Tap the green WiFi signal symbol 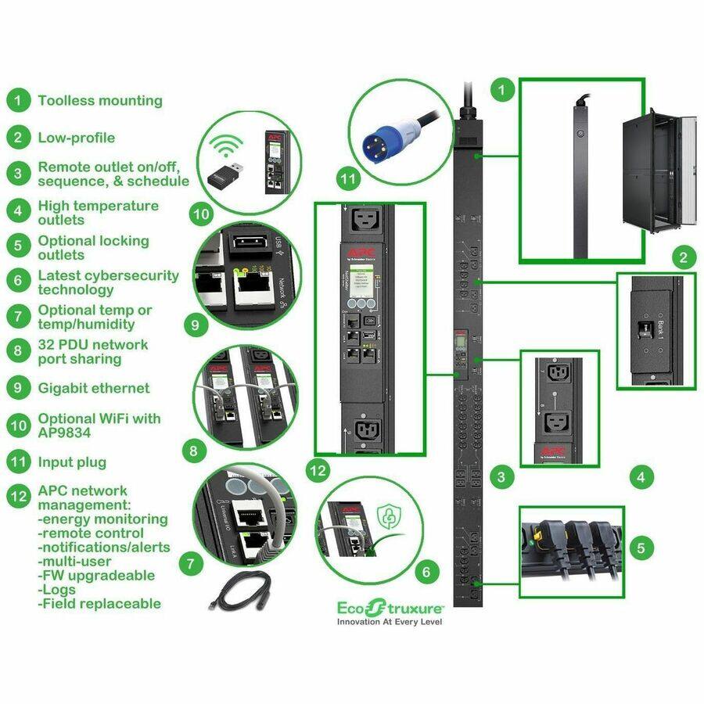point(228,146)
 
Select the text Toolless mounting point(99,101)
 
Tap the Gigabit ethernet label point(94,388)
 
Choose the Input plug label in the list point(72,462)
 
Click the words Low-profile point(76,138)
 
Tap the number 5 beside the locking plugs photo point(641,548)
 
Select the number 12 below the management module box point(317,470)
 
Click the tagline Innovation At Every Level point(390,623)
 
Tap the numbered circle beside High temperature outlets point(17,211)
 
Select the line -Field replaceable point(99,604)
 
